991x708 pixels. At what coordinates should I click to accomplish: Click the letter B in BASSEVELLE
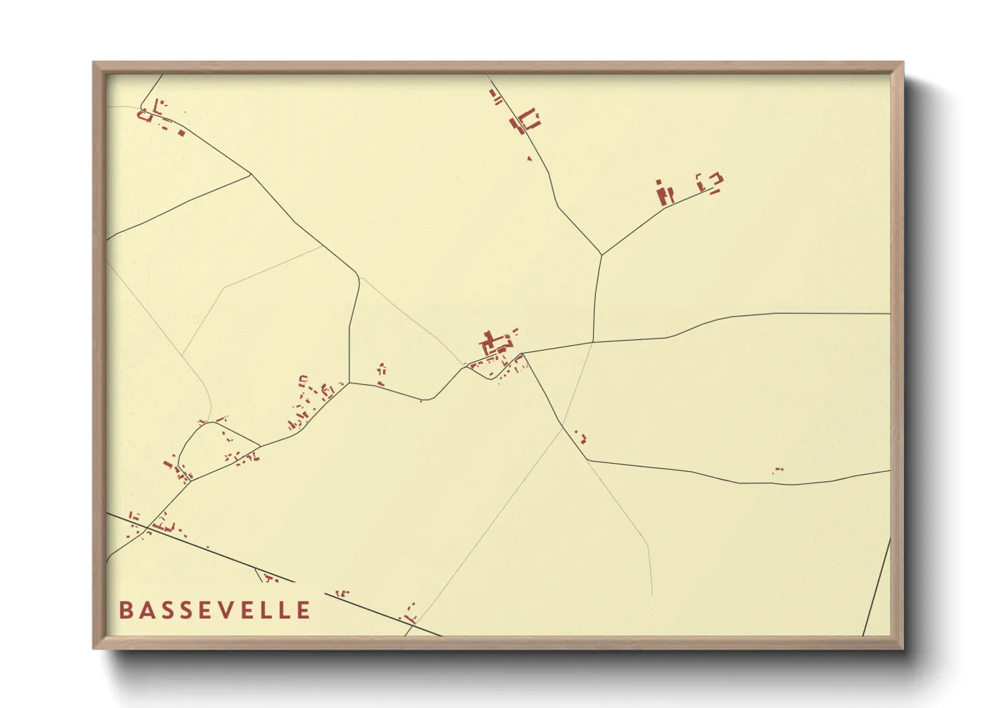125,610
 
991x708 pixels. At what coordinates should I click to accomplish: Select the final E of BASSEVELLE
304,610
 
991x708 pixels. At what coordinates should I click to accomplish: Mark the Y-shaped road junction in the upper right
601,254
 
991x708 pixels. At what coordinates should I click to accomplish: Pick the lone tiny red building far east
777,470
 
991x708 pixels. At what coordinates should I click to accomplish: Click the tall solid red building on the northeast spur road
664,194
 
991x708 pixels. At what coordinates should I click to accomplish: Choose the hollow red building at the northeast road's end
710,181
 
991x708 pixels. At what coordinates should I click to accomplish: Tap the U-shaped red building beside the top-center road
530,119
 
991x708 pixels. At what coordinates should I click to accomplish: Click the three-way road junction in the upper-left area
251,175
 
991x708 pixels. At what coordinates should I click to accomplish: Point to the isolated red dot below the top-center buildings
529,159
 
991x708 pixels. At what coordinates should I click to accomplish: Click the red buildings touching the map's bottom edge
408,614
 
